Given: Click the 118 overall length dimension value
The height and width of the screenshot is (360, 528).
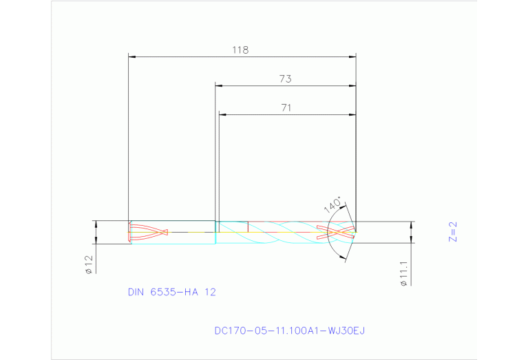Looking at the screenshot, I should coord(240,50).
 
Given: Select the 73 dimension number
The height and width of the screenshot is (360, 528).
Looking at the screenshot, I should coord(285,78).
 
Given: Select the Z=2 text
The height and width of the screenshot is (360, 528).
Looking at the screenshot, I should coord(452,232).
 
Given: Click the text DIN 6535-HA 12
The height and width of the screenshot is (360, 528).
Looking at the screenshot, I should coord(171,292).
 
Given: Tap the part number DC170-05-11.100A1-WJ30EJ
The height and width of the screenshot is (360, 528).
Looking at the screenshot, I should coord(290,330).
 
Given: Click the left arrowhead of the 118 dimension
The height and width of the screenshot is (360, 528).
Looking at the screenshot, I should coord(134,56).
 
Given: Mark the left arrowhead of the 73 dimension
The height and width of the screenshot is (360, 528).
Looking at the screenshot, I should coord(220,85).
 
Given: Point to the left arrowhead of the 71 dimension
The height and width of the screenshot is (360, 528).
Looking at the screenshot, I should coord(222,114).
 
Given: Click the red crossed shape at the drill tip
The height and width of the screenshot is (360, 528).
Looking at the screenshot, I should coord(336,232).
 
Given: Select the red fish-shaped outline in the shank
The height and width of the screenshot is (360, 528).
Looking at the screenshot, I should coord(149,232).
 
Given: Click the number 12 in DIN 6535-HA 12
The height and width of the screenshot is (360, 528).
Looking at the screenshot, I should coord(210,292).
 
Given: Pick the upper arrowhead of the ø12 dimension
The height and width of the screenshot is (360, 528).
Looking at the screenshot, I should coord(96,224).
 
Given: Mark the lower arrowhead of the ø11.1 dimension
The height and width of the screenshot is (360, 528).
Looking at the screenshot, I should coord(412,240).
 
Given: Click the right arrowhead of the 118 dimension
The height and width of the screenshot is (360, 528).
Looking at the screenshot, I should coord(352,56).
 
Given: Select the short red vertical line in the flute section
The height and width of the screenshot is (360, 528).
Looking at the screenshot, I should coord(248,226).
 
